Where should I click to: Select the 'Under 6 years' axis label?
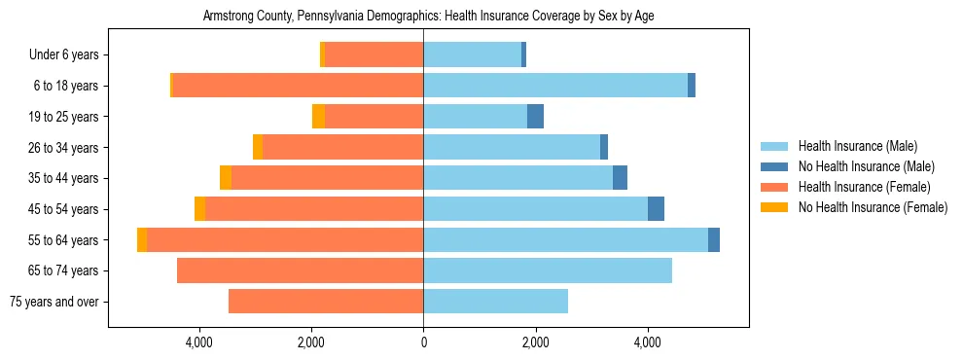coord(69,55)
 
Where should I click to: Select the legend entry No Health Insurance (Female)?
coord(873,207)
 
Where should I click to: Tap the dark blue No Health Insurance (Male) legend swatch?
coord(774,166)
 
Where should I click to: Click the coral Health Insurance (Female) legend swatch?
coord(774,187)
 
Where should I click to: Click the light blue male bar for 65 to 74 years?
coord(547,270)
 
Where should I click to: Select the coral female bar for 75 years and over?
coord(326,302)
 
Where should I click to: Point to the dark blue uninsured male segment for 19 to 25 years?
coord(535,117)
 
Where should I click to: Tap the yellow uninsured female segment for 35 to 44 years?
coord(226,178)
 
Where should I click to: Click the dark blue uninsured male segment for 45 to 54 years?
coord(656,209)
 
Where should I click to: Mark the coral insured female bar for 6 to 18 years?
coord(298,86)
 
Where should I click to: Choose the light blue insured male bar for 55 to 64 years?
coord(565,239)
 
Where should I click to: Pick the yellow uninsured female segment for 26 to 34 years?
coord(258,147)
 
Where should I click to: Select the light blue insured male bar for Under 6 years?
coord(472,55)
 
